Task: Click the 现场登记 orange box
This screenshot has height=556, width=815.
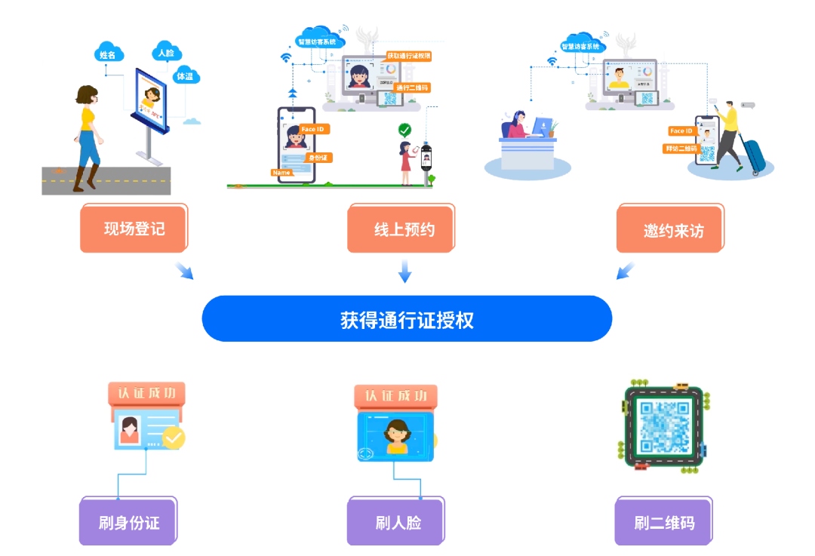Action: click(134, 229)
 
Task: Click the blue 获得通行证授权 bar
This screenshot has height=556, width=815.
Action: click(407, 319)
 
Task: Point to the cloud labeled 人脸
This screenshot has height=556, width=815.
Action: click(165, 52)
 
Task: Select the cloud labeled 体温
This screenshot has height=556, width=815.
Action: click(185, 75)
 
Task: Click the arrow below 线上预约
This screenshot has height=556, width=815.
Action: click(405, 272)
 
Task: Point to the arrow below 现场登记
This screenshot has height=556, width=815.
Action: click(184, 271)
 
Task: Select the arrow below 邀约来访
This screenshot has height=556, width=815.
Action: click(625, 271)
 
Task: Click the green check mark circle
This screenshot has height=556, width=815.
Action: click(405, 130)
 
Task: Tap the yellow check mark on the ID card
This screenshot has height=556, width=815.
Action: click(174, 438)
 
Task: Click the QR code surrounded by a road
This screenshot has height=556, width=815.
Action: click(664, 425)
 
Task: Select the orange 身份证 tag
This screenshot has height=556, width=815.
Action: click(318, 158)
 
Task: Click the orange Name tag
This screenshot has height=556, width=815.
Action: click(281, 173)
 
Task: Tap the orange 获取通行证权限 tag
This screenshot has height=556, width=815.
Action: click(408, 56)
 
